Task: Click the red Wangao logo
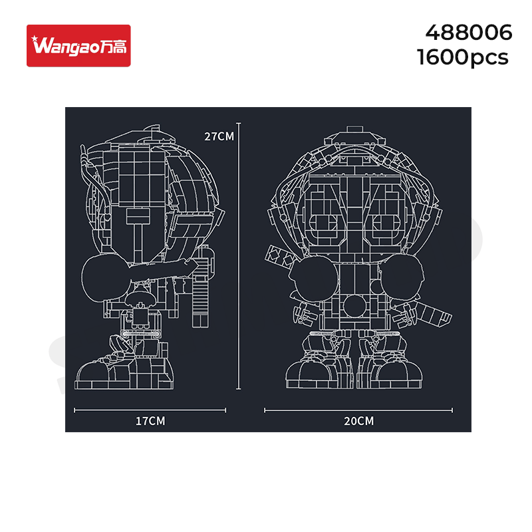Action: pyautogui.click(x=78, y=45)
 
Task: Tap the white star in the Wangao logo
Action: pyautogui.click(x=35, y=39)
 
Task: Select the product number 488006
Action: pyautogui.click(x=469, y=33)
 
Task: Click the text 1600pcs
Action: pyautogui.click(x=462, y=57)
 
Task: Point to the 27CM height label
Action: pyautogui.click(x=219, y=136)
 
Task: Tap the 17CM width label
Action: pyautogui.click(x=150, y=421)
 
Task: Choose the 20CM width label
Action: pyautogui.click(x=358, y=421)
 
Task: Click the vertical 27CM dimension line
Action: pyautogui.click(x=239, y=256)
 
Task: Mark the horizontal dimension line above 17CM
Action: pyautogui.click(x=150, y=410)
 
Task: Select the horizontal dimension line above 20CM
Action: pyautogui.click(x=358, y=410)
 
